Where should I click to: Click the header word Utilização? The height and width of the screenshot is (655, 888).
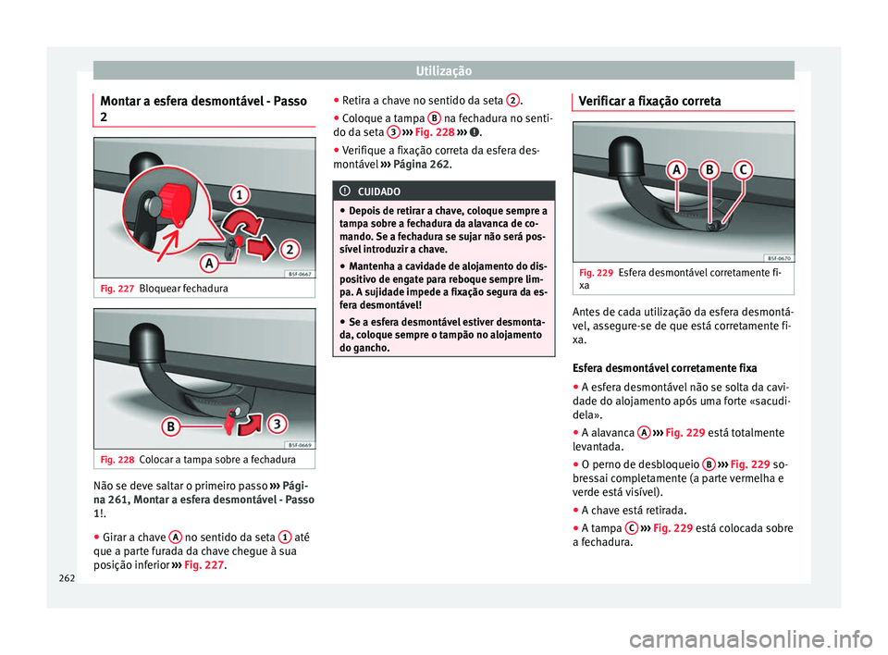click(443, 70)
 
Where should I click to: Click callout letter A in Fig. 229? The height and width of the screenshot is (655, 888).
click(675, 172)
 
